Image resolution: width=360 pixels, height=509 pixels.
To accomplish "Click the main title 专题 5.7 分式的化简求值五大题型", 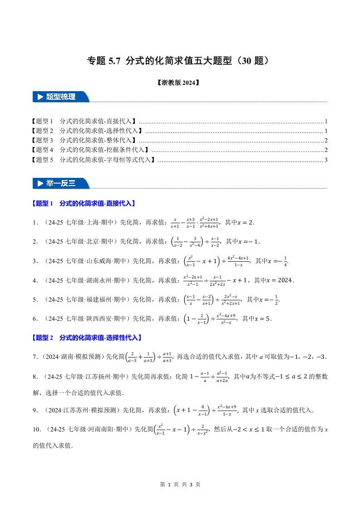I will coord(180,61).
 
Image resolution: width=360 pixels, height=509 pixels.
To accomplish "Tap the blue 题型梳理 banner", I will coord(61,97).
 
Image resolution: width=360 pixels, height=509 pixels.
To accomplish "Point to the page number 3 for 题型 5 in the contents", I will coord(326,160).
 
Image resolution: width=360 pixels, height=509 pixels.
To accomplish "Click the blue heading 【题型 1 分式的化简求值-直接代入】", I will coord(84,204).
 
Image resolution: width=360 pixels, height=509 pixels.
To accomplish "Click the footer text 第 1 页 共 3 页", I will coord(180,485).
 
